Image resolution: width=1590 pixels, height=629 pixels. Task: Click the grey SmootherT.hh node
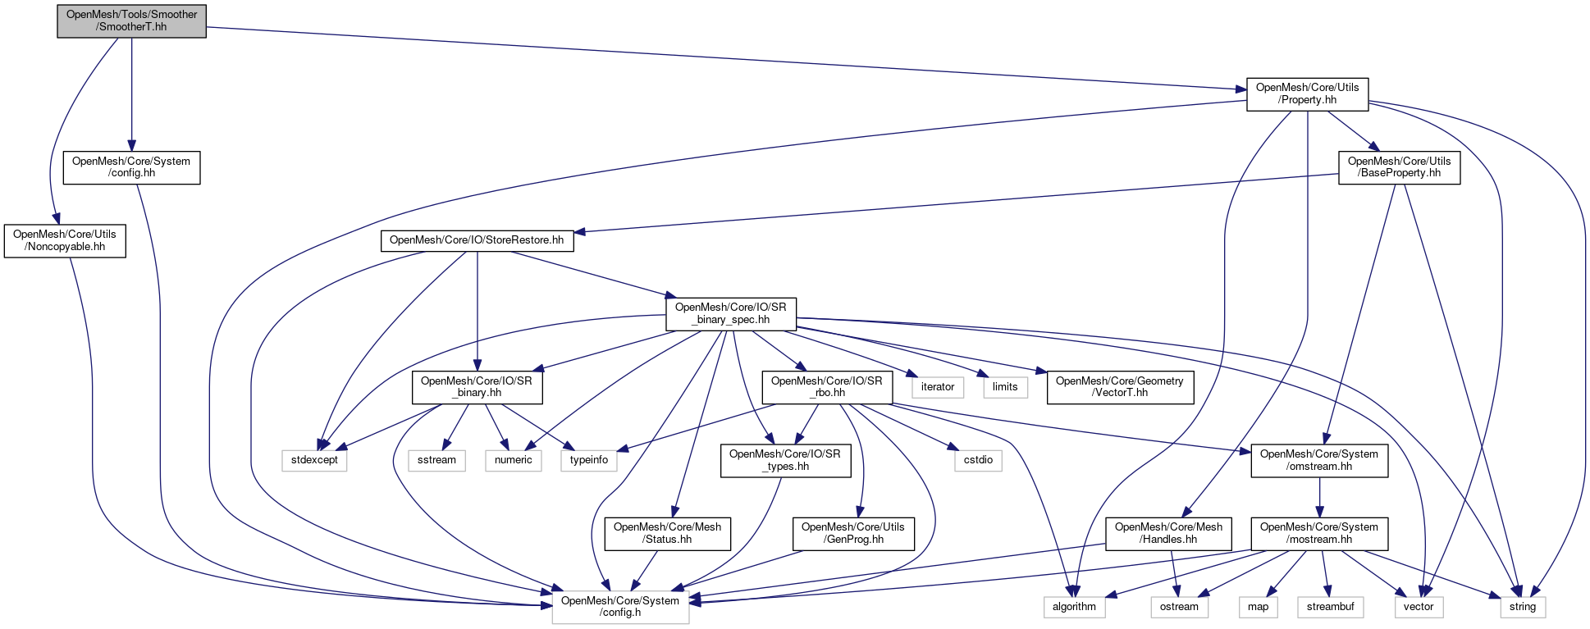pos(131,21)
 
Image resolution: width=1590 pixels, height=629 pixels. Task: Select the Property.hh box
pos(1307,93)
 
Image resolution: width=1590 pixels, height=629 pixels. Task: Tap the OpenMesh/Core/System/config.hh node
pos(131,167)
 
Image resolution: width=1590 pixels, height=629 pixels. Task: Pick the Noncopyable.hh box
pos(65,240)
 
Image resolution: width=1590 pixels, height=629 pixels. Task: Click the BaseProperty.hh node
pos(1399,167)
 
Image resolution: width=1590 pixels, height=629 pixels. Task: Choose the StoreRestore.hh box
pos(477,240)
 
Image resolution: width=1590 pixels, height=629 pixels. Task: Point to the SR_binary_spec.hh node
pos(730,313)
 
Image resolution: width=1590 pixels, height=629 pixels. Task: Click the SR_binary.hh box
pos(477,387)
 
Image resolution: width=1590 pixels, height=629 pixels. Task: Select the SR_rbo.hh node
pos(826,387)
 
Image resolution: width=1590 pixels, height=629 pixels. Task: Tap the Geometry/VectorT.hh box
pos(1119,387)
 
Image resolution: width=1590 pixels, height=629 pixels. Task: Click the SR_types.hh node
pos(784,460)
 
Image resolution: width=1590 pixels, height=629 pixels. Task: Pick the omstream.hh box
pos(1318,460)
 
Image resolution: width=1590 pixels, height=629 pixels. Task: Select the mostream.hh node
pos(1318,533)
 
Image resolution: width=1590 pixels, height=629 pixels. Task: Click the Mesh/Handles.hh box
pos(1168,533)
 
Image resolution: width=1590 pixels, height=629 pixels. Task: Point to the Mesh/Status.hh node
pos(667,533)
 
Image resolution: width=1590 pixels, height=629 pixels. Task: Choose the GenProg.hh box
pos(852,533)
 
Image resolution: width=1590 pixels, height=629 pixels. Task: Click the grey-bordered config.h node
pos(620,607)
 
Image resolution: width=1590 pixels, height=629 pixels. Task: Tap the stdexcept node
pos(314,460)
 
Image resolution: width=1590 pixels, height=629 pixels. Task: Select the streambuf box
pos(1330,607)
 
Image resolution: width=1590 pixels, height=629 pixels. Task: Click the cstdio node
pos(978,460)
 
